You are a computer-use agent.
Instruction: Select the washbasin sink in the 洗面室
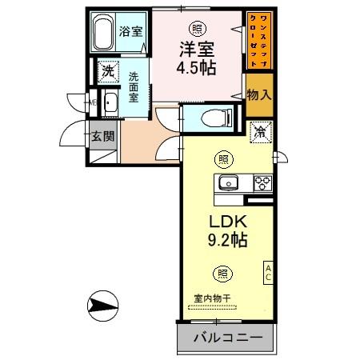[110, 102]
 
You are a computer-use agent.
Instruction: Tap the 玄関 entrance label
[103, 135]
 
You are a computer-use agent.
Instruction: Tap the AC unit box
[269, 272]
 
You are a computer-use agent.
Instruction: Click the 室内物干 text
[212, 298]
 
